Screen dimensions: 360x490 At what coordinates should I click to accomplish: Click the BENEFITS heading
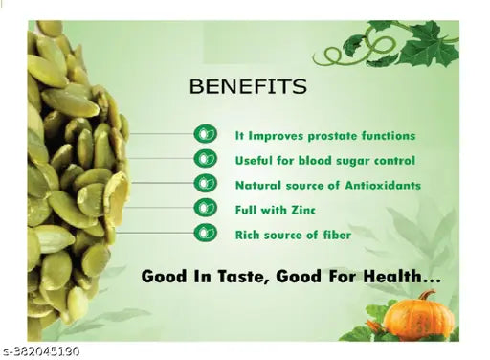tap(248, 87)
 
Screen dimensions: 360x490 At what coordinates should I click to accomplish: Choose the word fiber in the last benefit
tap(335, 234)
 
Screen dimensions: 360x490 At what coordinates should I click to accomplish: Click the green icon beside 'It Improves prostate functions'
tap(206, 134)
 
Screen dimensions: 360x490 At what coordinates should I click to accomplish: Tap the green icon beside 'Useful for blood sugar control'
tap(206, 159)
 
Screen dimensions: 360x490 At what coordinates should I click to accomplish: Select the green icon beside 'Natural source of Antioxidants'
tap(206, 183)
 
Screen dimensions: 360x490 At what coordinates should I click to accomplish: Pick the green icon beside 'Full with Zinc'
tap(206, 208)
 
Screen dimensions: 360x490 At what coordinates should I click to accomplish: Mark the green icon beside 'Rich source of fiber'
tap(206, 233)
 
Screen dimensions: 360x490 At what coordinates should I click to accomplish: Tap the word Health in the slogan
tap(399, 276)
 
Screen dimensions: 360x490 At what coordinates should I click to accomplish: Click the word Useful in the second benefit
tap(255, 160)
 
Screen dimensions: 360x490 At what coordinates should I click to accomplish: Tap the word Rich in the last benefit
tap(248, 234)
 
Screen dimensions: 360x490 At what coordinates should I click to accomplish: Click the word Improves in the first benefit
tap(271, 136)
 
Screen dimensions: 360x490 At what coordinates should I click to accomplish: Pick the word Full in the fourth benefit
tap(247, 209)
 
